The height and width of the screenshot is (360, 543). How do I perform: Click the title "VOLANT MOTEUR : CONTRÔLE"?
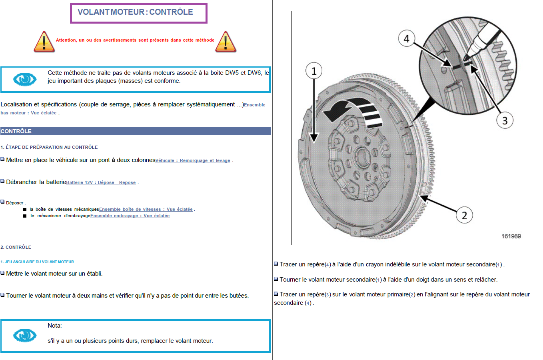click(x=135, y=12)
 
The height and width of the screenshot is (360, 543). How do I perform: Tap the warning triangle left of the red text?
click(x=44, y=42)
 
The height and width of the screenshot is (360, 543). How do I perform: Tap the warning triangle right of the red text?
click(x=226, y=42)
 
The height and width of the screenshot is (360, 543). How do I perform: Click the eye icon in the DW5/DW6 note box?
click(x=25, y=79)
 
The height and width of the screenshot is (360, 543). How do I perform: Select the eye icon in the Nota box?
click(x=25, y=336)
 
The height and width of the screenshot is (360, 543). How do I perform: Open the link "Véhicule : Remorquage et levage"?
click(x=193, y=160)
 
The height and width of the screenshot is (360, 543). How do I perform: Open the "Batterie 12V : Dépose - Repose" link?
click(x=101, y=182)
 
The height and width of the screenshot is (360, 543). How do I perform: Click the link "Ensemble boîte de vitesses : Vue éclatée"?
click(x=146, y=209)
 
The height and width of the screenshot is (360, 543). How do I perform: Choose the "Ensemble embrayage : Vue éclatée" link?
click(x=130, y=216)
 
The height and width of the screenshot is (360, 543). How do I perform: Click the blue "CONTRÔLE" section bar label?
click(x=16, y=131)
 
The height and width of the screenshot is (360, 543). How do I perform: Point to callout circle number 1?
click(x=314, y=71)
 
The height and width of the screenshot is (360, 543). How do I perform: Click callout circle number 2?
click(x=464, y=215)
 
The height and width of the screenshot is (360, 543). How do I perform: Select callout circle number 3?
click(x=505, y=120)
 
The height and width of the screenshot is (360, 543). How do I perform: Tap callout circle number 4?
click(x=407, y=38)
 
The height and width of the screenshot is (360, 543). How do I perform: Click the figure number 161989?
click(x=511, y=236)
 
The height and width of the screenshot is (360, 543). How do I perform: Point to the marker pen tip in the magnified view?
click(x=465, y=59)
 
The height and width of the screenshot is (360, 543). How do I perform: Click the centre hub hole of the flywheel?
click(x=362, y=157)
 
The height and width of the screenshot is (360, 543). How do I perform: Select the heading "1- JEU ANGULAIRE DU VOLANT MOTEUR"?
click(x=37, y=262)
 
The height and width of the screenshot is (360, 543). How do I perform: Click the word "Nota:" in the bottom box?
click(x=55, y=326)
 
